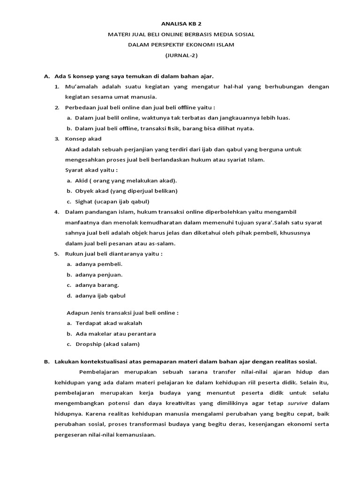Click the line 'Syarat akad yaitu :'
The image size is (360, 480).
coord(91,170)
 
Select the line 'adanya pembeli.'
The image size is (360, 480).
coord(98,264)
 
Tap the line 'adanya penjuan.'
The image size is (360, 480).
coord(98,275)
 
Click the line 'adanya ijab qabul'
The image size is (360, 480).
coord(100,296)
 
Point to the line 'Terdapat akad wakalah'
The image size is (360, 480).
coord(108,323)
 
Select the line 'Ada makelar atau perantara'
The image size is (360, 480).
coord(115,333)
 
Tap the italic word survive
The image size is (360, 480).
coord(298,403)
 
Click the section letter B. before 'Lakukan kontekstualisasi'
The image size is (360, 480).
coord(46,361)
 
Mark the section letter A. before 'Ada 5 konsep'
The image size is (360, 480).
coord(46,76)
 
